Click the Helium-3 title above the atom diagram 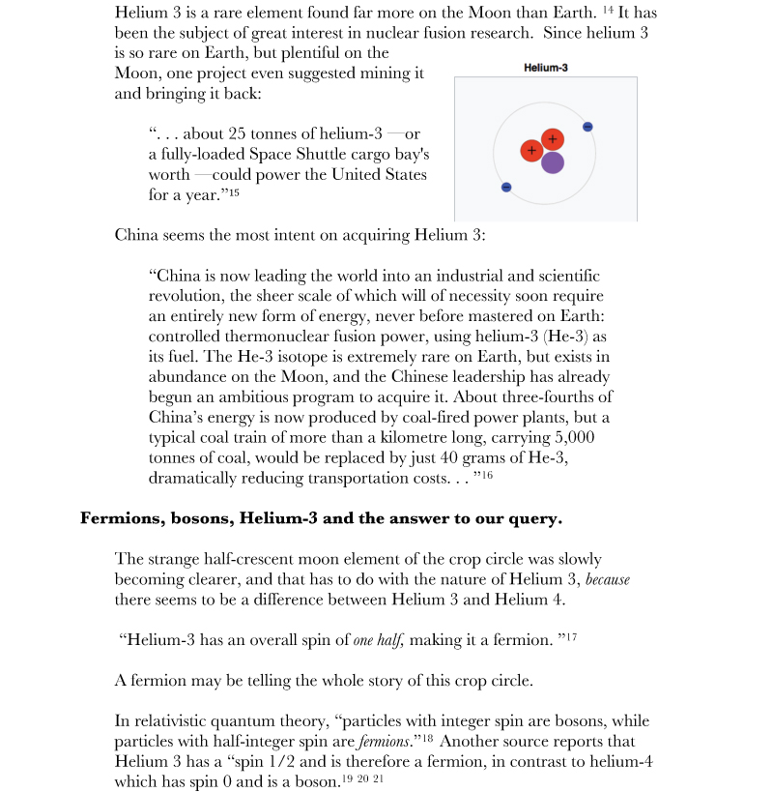click(x=545, y=68)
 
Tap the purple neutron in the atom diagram click(x=553, y=162)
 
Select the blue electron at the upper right click(x=587, y=127)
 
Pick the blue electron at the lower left click(x=505, y=187)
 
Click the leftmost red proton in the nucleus click(x=530, y=151)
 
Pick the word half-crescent click(x=240, y=559)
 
